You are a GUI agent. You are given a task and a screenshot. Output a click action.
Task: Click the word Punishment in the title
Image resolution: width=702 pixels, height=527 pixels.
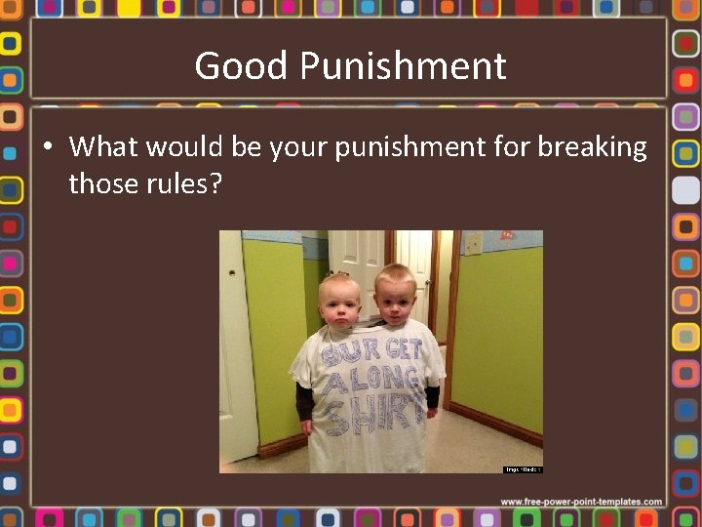[x=403, y=67]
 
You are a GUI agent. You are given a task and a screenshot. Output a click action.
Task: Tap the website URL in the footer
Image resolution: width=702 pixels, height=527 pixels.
[x=581, y=502]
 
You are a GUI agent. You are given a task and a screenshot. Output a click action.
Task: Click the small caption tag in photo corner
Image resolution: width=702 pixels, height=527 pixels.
[x=522, y=469]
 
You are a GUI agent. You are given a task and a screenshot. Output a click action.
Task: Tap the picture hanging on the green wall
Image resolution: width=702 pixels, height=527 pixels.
[x=507, y=235]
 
